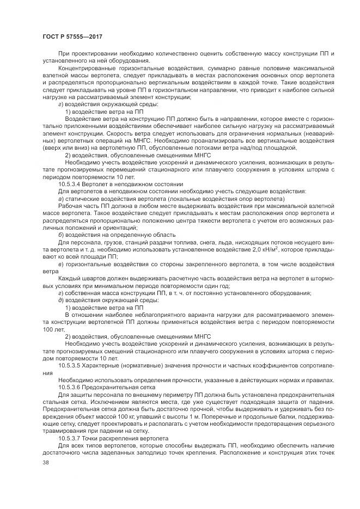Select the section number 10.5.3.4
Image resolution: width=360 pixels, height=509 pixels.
point(69,185)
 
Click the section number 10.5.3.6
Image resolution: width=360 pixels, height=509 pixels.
point(69,386)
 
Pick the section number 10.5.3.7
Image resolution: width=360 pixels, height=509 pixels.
point(69,438)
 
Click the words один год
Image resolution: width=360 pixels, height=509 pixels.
point(217,286)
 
